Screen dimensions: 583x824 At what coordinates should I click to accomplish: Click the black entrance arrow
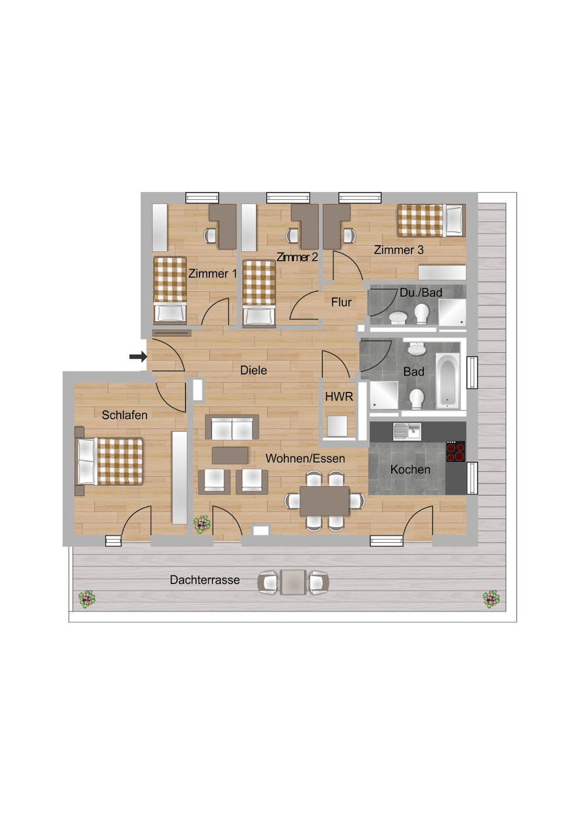pyautogui.click(x=138, y=356)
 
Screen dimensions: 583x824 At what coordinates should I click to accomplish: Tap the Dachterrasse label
pyautogui.click(x=205, y=580)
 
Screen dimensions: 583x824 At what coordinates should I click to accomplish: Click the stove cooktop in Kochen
pyautogui.click(x=455, y=451)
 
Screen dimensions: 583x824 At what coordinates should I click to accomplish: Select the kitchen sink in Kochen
pyautogui.click(x=406, y=431)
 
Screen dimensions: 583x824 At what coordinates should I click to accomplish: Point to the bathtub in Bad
pyautogui.click(x=448, y=381)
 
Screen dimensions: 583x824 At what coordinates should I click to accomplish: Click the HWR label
pyautogui.click(x=339, y=397)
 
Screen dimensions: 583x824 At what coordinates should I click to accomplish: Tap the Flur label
pyautogui.click(x=342, y=302)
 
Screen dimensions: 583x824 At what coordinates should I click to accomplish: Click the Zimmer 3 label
pyautogui.click(x=399, y=250)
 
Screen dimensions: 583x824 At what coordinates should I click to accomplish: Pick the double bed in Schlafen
pyautogui.click(x=109, y=461)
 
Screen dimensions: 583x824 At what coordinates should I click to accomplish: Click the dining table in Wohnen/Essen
pyautogui.click(x=325, y=501)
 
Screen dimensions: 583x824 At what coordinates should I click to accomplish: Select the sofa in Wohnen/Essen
pyautogui.click(x=232, y=427)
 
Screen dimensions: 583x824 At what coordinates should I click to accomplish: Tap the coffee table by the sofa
pyautogui.click(x=230, y=455)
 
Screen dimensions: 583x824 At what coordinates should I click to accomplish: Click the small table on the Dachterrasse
pyautogui.click(x=293, y=582)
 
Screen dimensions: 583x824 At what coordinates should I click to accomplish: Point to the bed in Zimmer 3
pyautogui.click(x=431, y=221)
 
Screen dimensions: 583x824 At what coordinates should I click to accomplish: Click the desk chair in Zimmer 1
pyautogui.click(x=210, y=236)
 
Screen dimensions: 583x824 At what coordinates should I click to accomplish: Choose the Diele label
pyautogui.click(x=254, y=370)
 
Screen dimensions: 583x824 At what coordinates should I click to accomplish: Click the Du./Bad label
pyautogui.click(x=421, y=293)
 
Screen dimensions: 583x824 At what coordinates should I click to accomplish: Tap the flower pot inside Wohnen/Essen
pyautogui.click(x=202, y=524)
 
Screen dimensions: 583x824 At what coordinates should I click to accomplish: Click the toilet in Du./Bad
pyautogui.click(x=422, y=314)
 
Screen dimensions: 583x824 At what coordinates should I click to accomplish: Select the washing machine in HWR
pyautogui.click(x=338, y=426)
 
